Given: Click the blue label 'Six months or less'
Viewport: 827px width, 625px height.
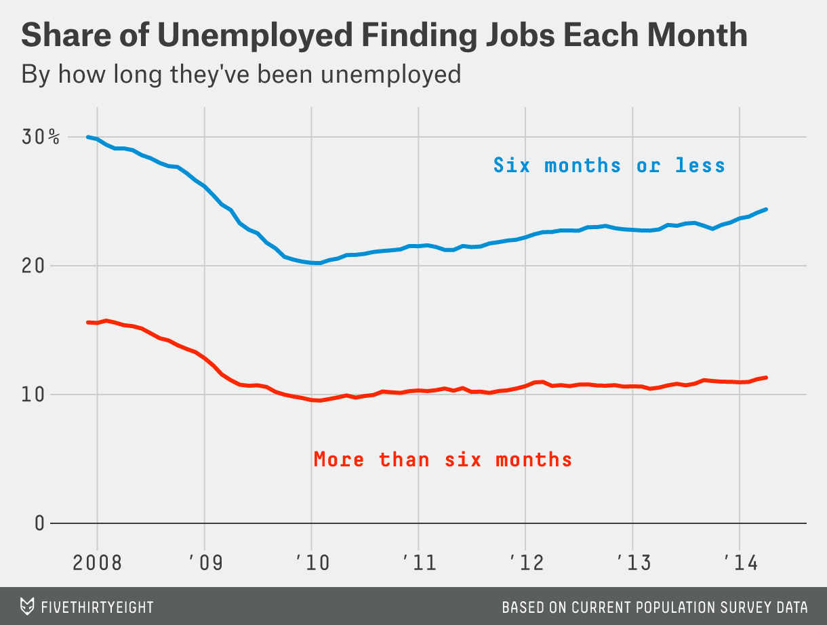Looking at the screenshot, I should (x=609, y=165).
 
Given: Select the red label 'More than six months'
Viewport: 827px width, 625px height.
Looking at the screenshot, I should (x=443, y=460).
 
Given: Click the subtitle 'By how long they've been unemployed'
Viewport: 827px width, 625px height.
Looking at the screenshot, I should (x=241, y=73).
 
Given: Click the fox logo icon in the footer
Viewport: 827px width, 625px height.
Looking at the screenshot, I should (x=28, y=606).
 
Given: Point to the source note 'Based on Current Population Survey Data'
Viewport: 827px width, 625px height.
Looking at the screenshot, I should (x=655, y=607).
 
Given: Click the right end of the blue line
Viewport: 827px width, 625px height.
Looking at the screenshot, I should (x=766, y=209).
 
